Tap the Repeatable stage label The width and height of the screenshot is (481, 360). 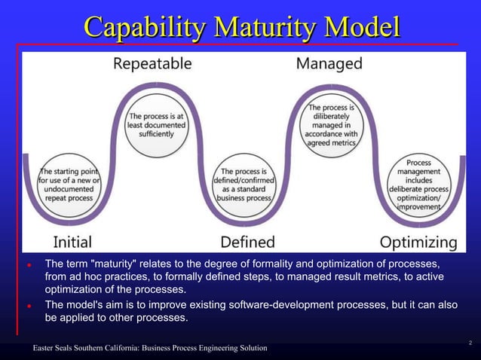(x=152, y=63)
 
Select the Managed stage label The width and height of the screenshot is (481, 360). (x=329, y=63)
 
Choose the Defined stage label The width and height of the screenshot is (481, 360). (x=247, y=242)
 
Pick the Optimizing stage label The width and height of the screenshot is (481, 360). (x=418, y=242)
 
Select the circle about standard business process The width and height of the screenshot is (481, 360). (x=245, y=184)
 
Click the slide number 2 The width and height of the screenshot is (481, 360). (x=470, y=344)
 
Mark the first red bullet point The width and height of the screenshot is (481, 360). (x=28, y=266)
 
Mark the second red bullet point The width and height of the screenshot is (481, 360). (x=28, y=307)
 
